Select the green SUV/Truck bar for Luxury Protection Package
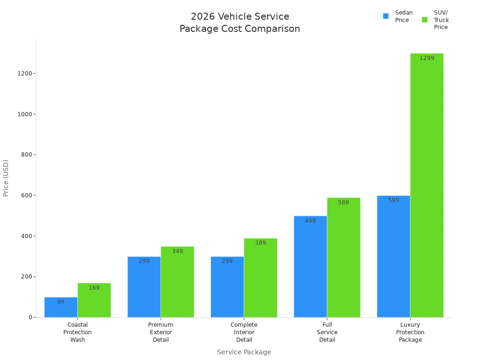427,187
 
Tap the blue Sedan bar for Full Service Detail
310,267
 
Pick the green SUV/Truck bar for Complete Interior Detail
260,279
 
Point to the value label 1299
427,58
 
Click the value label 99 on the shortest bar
61,302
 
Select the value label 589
344,202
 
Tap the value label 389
260,243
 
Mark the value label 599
393,200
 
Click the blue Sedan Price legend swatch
386,16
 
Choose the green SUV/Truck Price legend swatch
425,20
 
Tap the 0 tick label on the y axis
30,317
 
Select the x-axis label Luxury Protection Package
410,332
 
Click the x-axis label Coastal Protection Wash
78,332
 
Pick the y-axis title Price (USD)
6,178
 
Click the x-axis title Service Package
244,352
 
